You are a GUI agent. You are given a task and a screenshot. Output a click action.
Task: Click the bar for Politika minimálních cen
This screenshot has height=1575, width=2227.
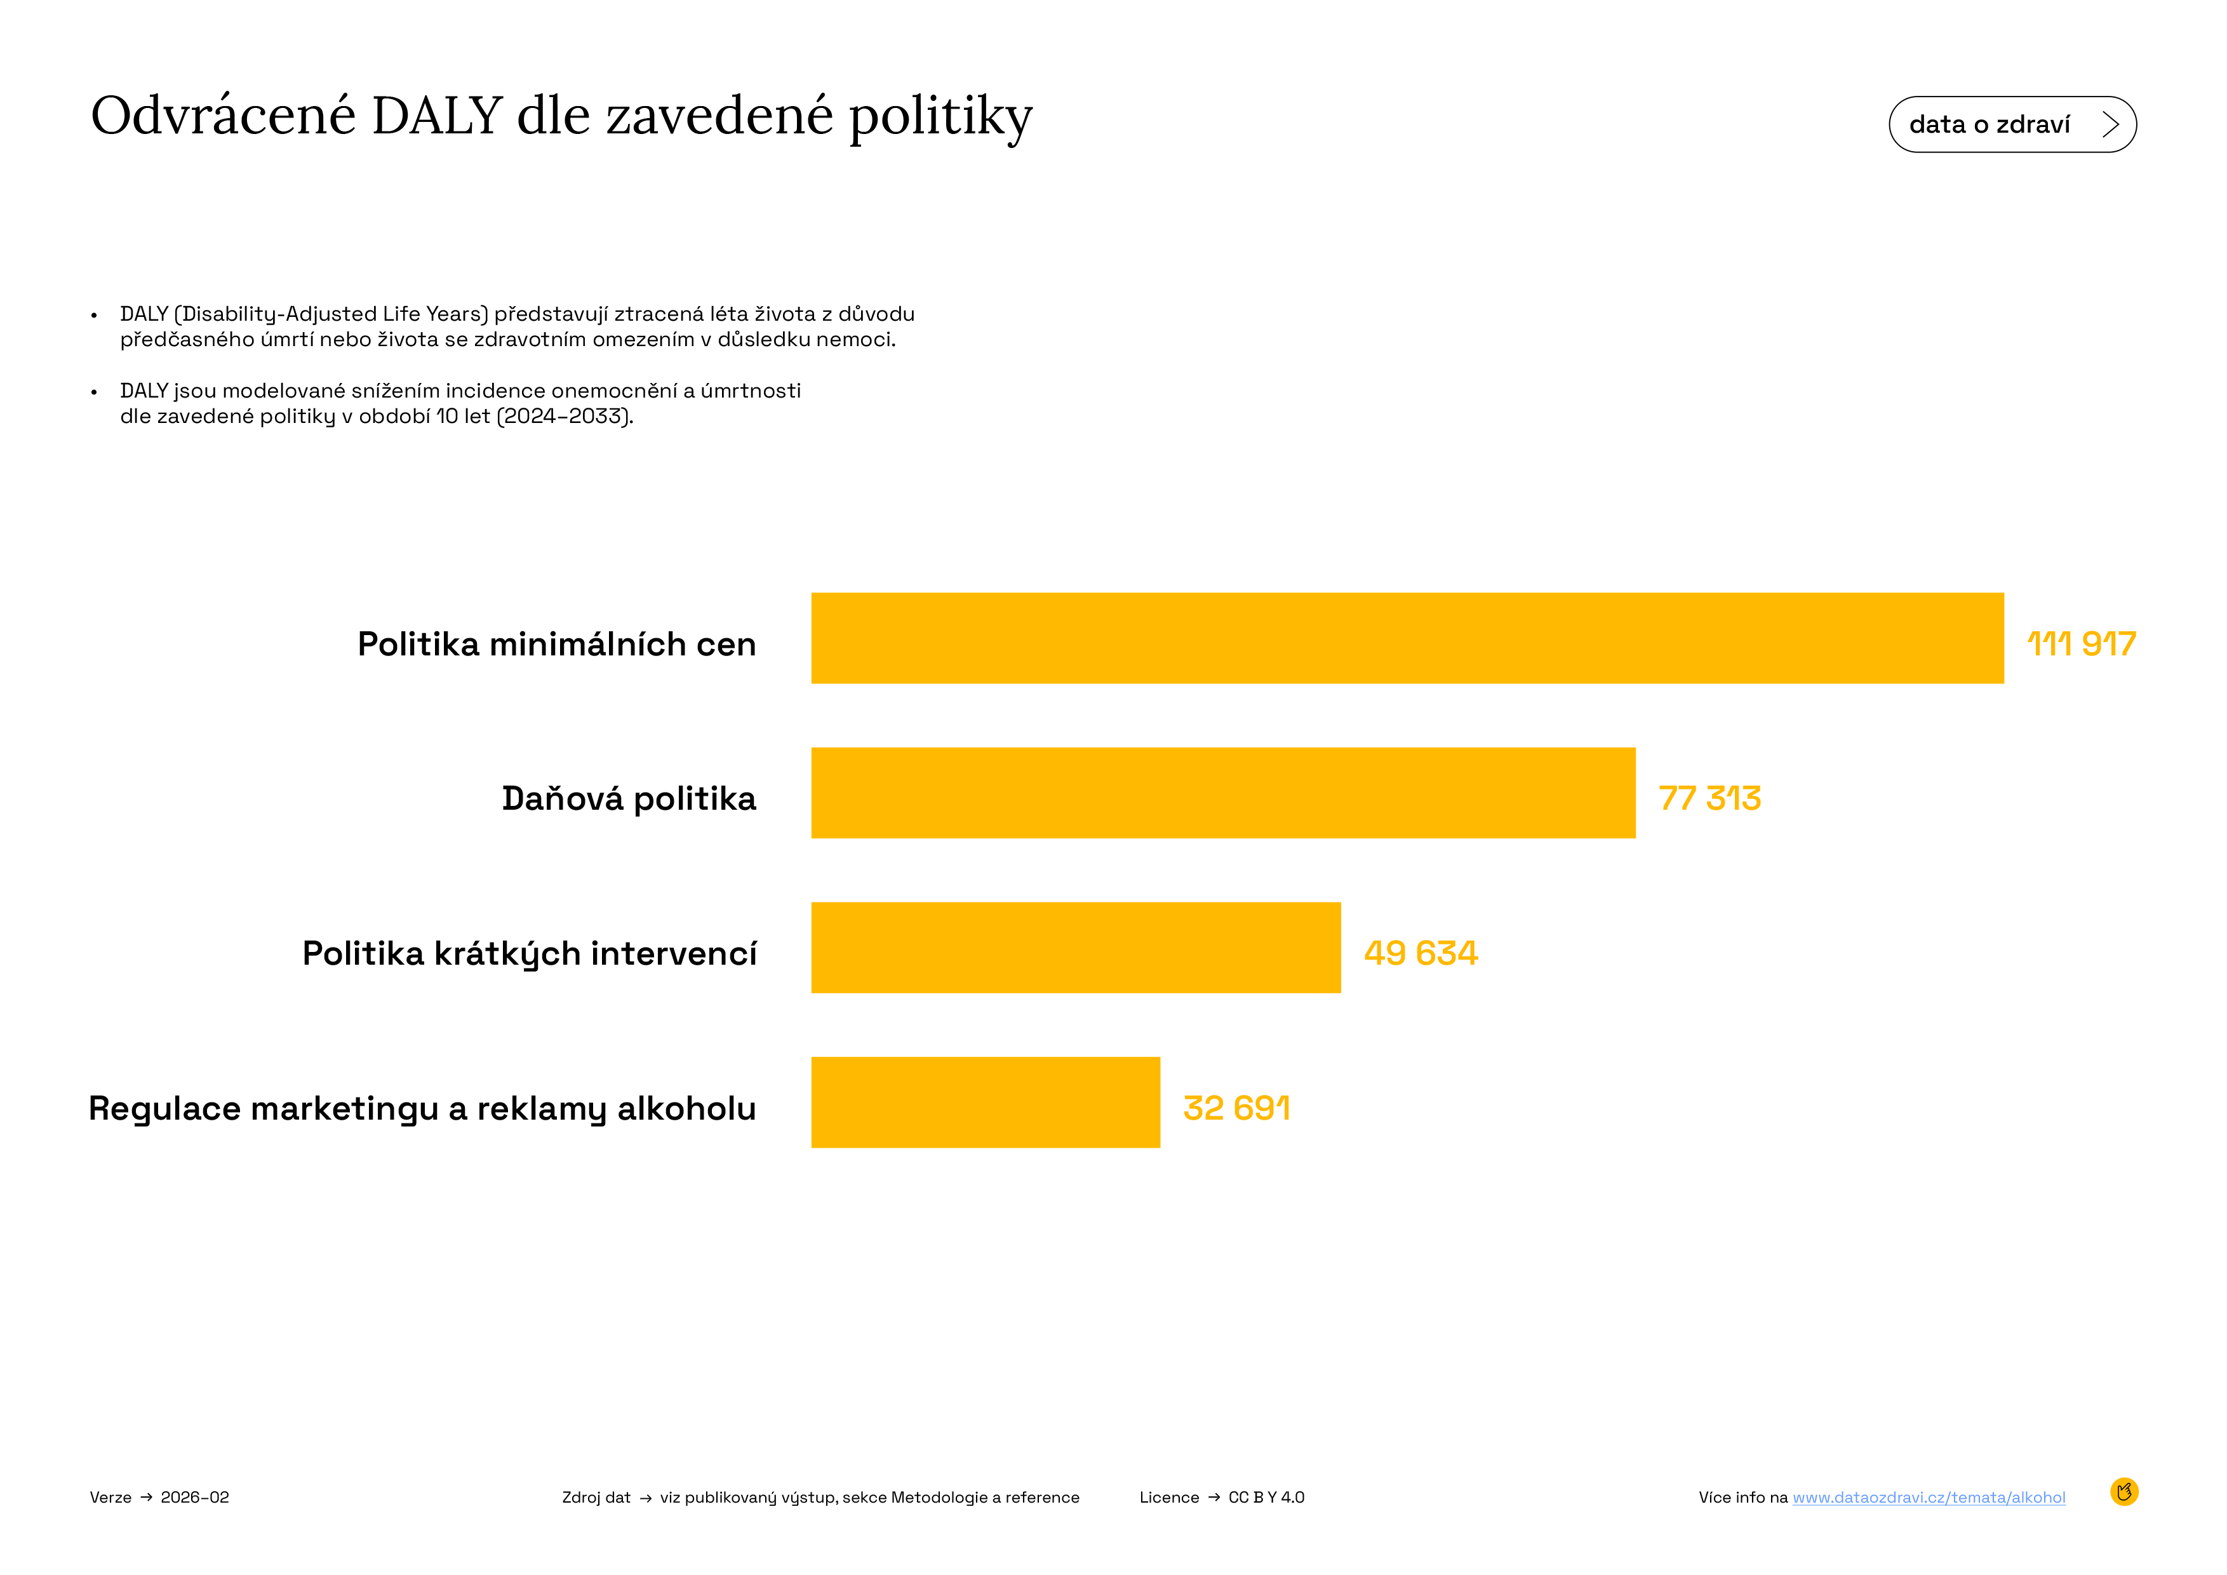(x=1407, y=638)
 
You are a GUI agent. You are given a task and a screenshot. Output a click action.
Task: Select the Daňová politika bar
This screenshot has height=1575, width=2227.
(x=1222, y=793)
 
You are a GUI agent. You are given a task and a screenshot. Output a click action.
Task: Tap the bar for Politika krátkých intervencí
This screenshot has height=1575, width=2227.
(x=1074, y=948)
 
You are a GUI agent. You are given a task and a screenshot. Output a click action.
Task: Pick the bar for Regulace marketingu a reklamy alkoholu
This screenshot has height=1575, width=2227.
(x=984, y=1102)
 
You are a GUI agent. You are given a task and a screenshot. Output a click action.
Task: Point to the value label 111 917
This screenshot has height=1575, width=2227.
(x=2080, y=644)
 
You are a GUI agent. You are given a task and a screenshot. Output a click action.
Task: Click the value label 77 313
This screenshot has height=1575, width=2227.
(x=1709, y=798)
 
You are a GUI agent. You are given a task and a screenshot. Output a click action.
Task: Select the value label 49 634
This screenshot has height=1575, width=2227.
(x=1420, y=953)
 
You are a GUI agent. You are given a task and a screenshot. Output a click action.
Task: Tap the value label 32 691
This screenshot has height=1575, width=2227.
(x=1236, y=1108)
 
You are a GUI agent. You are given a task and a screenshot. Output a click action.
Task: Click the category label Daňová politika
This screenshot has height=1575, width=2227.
(x=629, y=798)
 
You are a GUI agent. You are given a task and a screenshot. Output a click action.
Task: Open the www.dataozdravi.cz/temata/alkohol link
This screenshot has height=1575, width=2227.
(x=1929, y=1498)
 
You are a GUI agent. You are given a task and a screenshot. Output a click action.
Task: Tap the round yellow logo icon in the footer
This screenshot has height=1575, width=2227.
(x=2123, y=1492)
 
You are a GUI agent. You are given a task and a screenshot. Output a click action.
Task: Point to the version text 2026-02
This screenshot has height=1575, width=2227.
(x=195, y=1498)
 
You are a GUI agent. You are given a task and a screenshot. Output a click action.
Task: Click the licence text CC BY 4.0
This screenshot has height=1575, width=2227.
(x=1266, y=1498)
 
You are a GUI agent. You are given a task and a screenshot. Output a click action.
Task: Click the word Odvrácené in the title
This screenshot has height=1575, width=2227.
(x=223, y=116)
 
